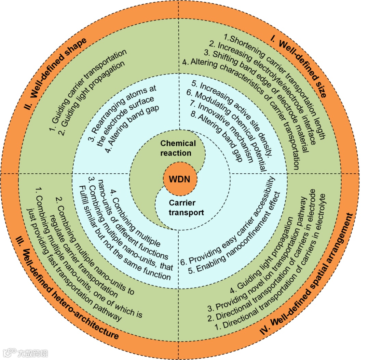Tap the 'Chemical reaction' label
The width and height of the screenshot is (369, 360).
coord(178,148)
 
